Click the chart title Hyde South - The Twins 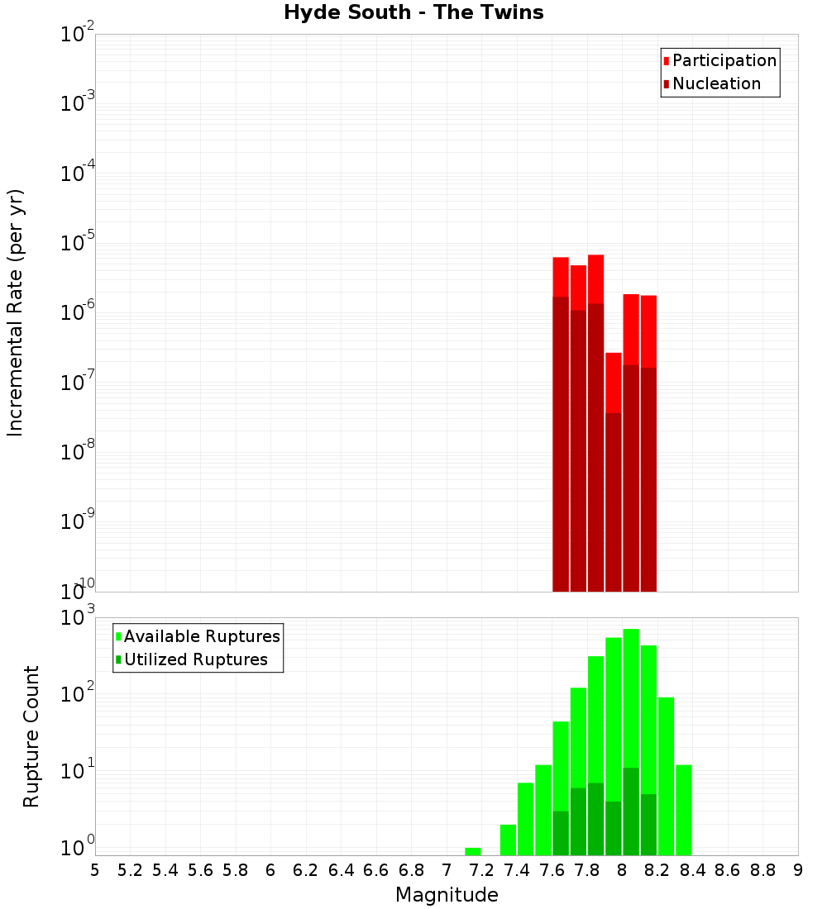point(413,13)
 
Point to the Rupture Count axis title point(31,736)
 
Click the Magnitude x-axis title point(447,895)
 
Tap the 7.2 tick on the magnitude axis point(482,870)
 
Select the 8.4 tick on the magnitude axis point(693,870)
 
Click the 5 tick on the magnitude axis point(95,870)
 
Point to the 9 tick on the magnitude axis point(798,870)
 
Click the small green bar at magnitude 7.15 point(473,851)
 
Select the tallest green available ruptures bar point(631,702)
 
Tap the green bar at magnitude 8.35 point(684,810)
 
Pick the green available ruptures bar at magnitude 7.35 point(508,840)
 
